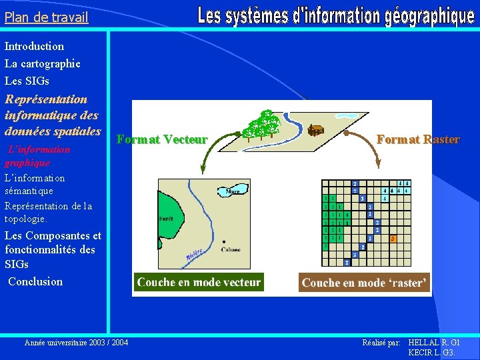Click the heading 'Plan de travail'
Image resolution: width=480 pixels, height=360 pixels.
tap(46, 17)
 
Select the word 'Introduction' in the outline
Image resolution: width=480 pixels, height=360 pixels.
tap(35, 46)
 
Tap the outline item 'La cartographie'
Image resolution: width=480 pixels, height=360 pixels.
tap(43, 63)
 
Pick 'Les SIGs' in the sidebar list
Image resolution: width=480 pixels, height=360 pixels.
tap(27, 81)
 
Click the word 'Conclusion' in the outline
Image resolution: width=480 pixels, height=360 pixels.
tap(35, 281)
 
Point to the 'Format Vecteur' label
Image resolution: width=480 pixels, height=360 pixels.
tap(162, 139)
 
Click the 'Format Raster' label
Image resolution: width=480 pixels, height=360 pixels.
tap(418, 139)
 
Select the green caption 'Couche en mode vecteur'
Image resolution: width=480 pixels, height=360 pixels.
tap(199, 282)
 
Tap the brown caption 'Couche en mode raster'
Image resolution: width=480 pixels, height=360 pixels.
tap(363, 283)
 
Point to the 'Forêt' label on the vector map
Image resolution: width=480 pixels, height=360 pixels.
tap(166, 219)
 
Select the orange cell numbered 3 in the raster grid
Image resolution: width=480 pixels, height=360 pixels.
tap(393, 238)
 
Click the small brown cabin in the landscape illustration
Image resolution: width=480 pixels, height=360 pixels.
tap(316, 130)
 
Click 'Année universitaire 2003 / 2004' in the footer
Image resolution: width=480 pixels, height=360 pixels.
tap(77, 342)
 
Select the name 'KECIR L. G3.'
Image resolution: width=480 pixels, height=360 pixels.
tap(431, 352)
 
